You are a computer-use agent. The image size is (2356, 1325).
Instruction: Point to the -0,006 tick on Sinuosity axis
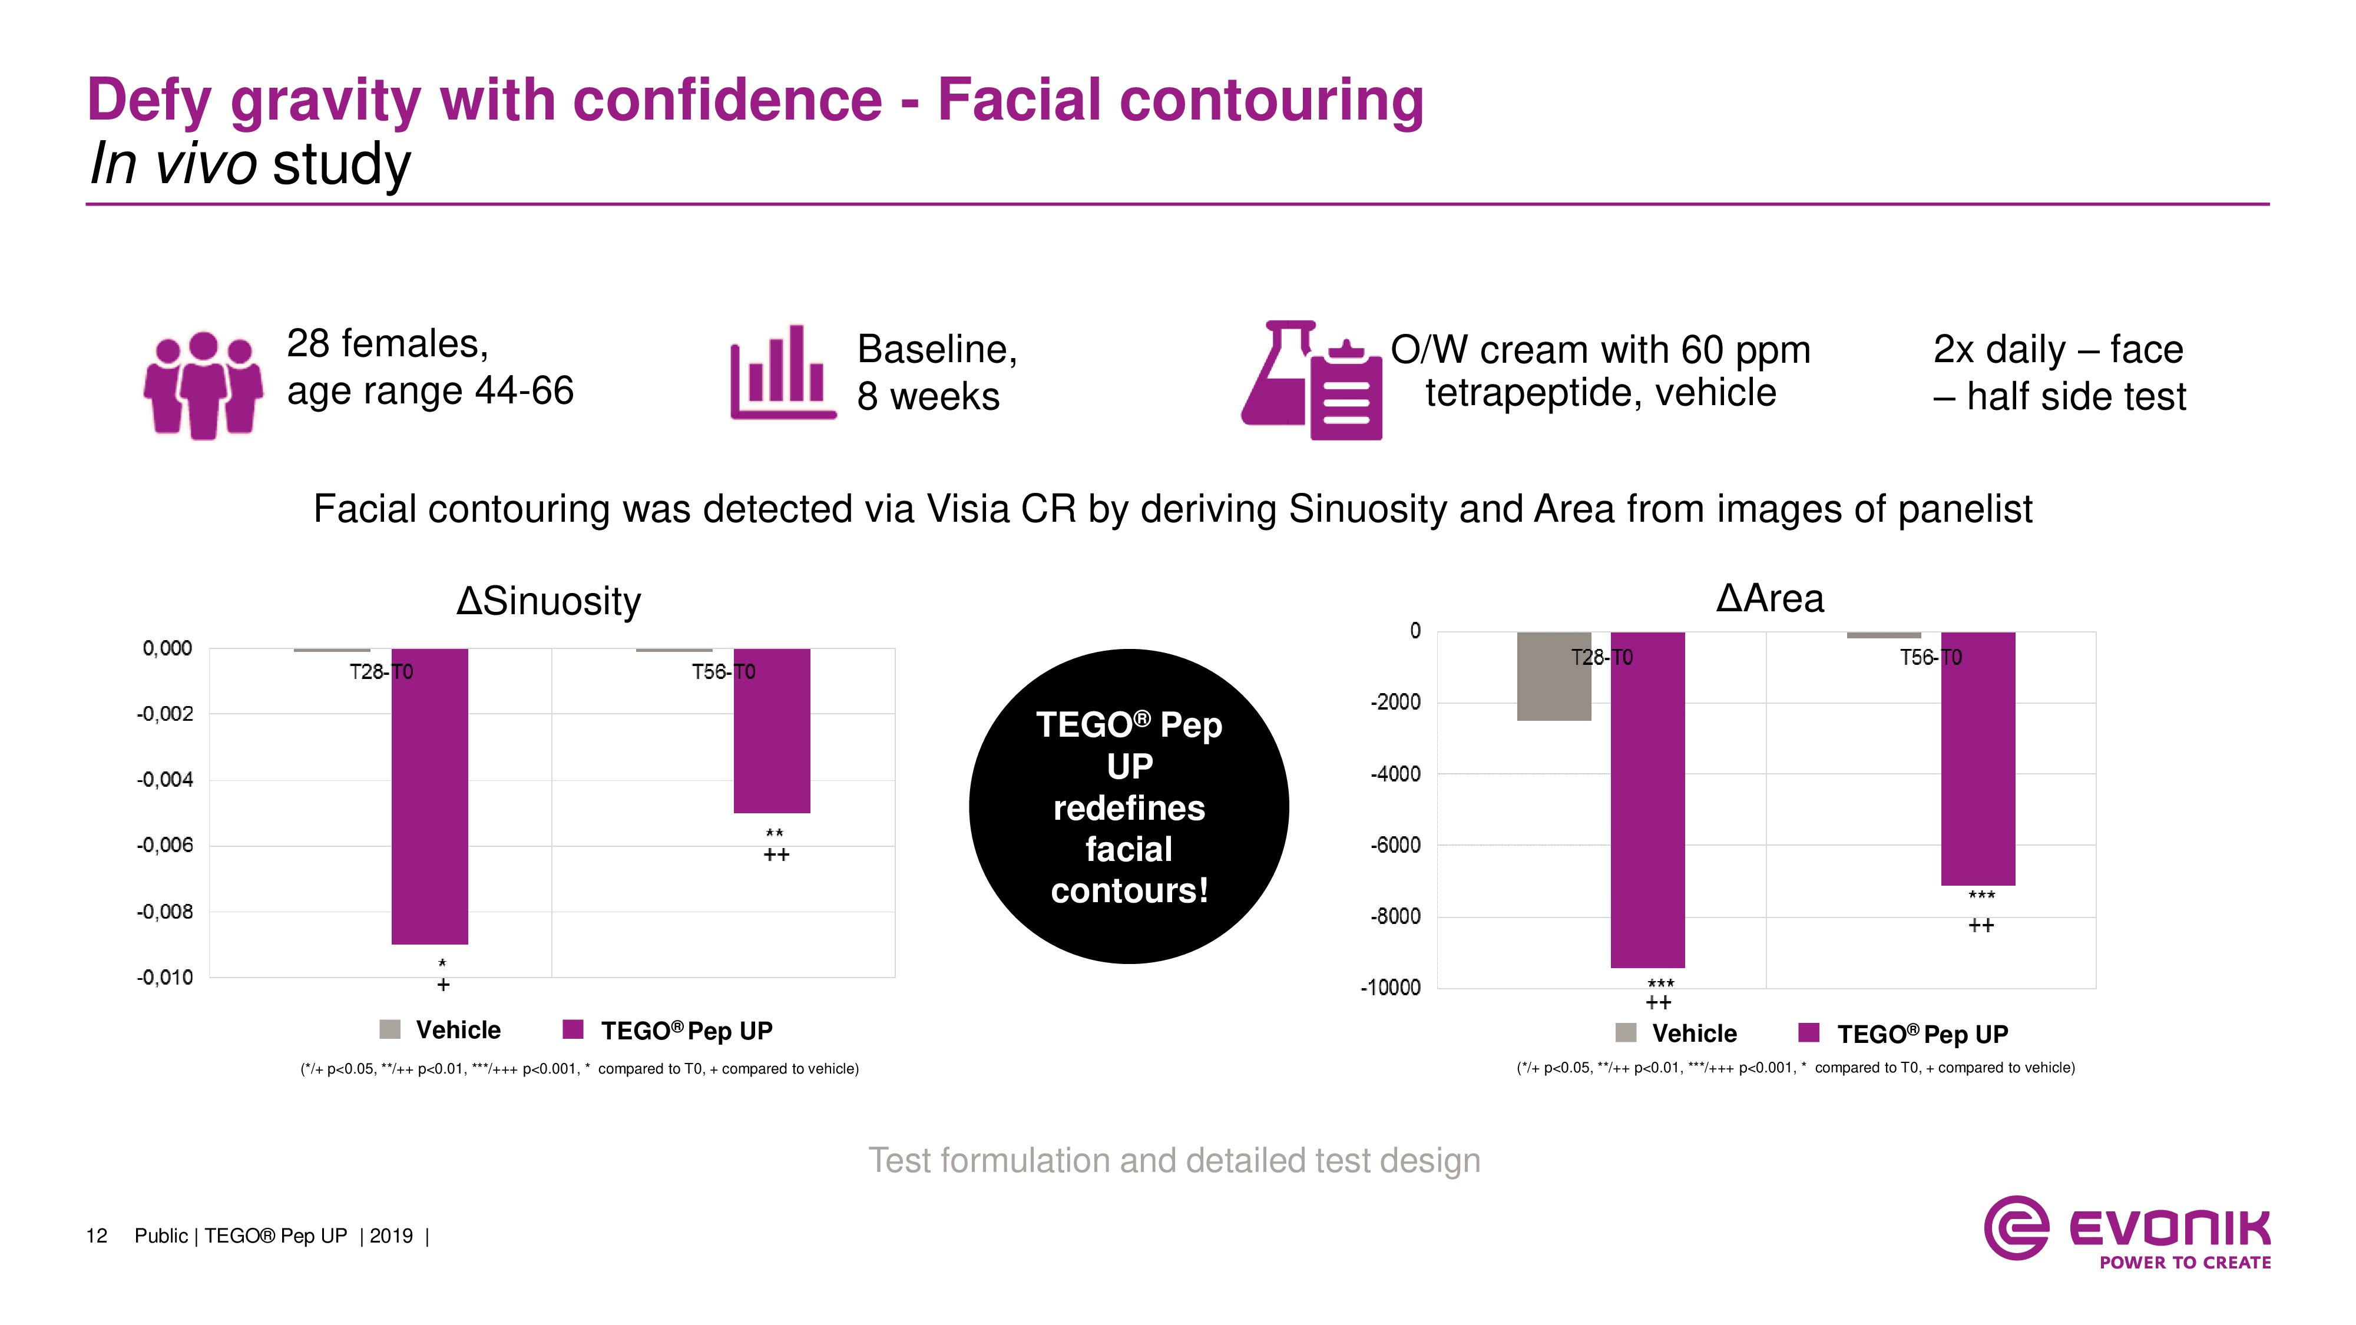click(x=165, y=846)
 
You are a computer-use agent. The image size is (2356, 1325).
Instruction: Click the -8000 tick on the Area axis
click(x=1395, y=916)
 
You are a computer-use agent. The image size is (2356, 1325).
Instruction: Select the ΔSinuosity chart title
click(x=549, y=601)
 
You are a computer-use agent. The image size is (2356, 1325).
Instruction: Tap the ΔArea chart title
click(x=1770, y=599)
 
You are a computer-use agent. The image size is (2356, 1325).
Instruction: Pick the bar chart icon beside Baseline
click(x=782, y=373)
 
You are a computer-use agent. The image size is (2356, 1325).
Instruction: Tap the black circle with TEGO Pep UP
click(x=1129, y=807)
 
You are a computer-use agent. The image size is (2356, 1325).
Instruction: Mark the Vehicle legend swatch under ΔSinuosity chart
click(x=389, y=1029)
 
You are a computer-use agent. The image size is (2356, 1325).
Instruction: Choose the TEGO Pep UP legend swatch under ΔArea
click(x=1808, y=1033)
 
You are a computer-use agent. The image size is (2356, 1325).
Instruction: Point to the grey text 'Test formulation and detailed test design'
click(x=1173, y=1160)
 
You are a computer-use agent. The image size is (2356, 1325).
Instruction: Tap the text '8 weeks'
click(x=928, y=397)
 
